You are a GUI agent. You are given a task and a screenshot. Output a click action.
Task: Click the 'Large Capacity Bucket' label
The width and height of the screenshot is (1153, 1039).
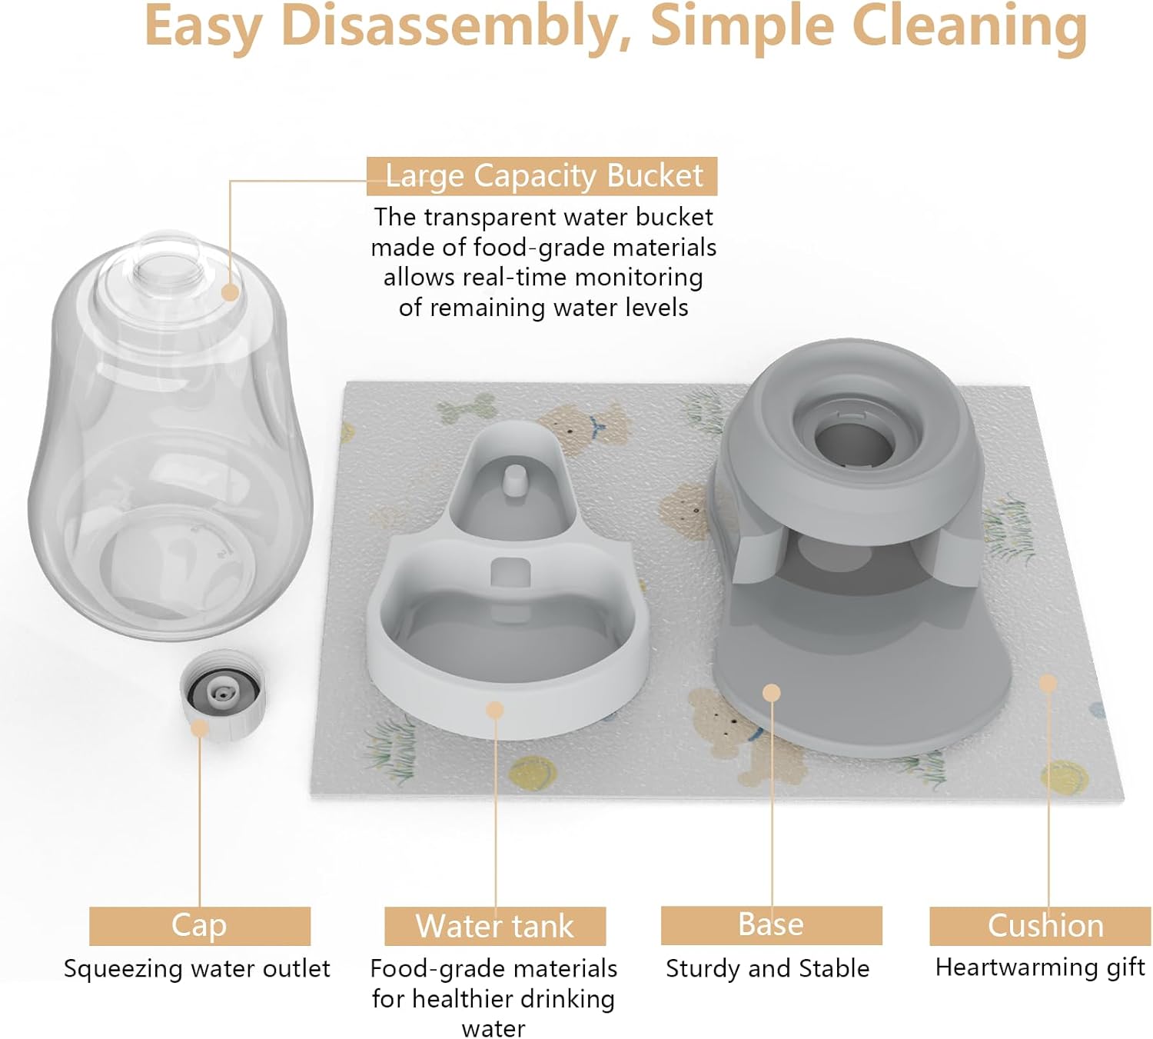pos(542,176)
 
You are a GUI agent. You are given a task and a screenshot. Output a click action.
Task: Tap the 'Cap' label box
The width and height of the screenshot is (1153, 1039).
pos(199,925)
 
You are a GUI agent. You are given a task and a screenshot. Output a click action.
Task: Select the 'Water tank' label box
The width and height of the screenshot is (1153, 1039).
pos(495,926)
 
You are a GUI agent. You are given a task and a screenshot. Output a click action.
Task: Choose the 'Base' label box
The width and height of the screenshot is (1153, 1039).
pos(771,924)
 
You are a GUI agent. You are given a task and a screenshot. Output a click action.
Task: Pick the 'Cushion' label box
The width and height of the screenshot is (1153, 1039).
pos(1045,925)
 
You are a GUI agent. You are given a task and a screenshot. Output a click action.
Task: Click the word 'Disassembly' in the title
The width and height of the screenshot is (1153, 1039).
pos(451,27)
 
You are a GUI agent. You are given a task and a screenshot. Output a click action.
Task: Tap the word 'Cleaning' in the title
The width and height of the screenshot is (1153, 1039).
pos(970,27)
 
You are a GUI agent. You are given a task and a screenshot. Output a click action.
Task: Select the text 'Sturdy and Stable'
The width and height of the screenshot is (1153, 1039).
pos(767,968)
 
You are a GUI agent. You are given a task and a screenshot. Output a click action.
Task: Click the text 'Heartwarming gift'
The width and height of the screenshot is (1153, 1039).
pos(1040,967)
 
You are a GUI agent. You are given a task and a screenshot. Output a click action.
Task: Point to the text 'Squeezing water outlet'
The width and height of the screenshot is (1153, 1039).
pos(197,968)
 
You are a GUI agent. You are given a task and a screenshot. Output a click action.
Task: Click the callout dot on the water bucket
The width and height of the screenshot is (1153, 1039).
pos(230,292)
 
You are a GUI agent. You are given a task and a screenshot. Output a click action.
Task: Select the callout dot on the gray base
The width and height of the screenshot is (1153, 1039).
pos(772,693)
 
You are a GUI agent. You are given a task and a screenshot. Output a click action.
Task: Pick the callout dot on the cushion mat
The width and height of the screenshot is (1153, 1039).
pos(1048,683)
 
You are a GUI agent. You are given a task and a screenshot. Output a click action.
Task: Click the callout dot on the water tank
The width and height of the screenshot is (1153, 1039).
pos(496,710)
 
